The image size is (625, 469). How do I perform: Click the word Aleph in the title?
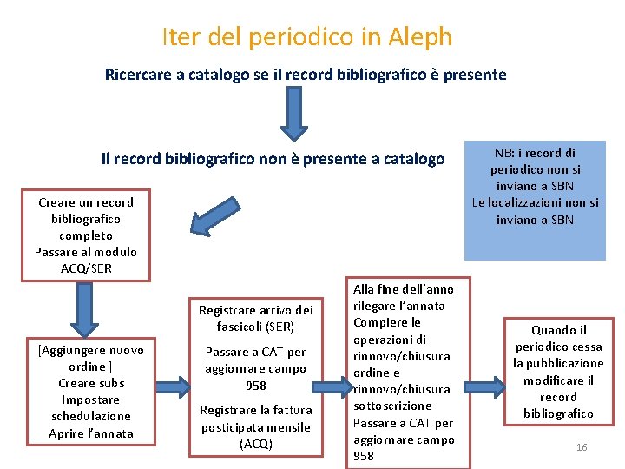(x=419, y=36)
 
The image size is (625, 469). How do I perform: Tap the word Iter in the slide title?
(x=180, y=36)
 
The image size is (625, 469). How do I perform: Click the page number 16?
(x=582, y=446)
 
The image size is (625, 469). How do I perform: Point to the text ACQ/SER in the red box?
(x=86, y=268)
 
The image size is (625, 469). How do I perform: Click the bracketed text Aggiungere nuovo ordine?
(x=91, y=358)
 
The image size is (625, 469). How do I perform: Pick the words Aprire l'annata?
(x=91, y=433)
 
